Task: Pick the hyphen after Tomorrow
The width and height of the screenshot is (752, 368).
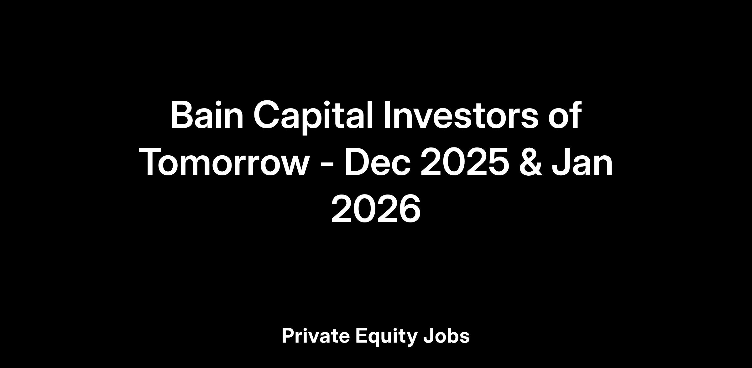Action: pos(327,164)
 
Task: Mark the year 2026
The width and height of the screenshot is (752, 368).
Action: pos(376,209)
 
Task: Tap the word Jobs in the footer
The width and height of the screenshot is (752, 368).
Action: pos(446,336)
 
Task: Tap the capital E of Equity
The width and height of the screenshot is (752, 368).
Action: pos(362,336)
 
